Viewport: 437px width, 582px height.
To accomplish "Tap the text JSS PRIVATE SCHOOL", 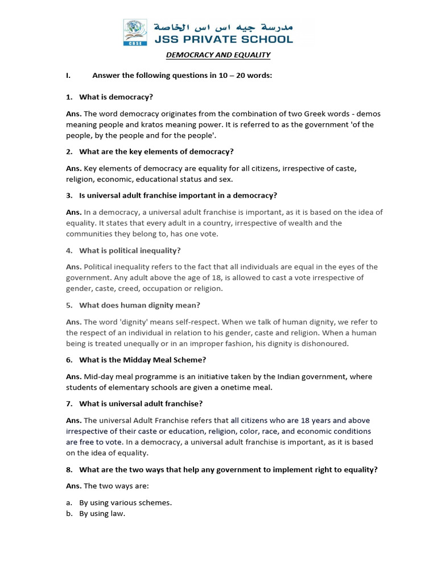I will [223, 39].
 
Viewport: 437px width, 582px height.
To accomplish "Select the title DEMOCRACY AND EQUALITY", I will [218, 55].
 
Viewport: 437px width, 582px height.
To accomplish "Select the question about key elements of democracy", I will [156, 152].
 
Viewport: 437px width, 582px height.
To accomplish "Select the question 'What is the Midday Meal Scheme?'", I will [142, 360].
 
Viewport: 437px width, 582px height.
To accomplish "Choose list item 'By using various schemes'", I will [125, 502].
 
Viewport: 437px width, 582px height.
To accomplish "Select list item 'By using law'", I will [102, 513].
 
